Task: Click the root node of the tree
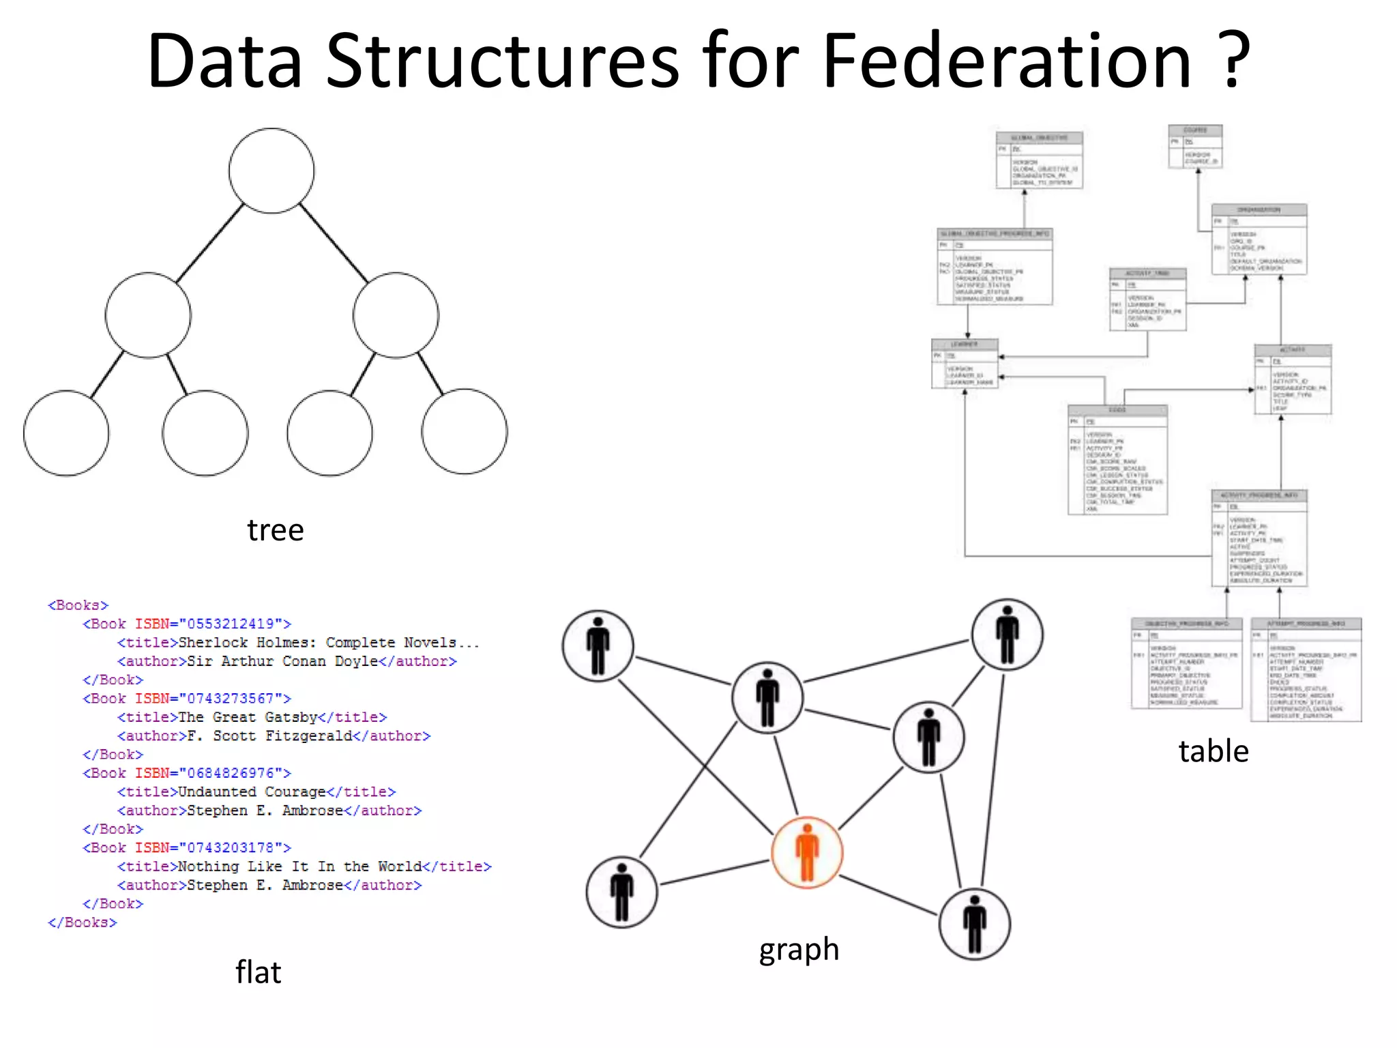(271, 171)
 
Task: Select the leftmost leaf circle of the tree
(66, 433)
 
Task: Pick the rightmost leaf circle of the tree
(465, 431)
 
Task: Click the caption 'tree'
(275, 530)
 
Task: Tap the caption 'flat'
(258, 972)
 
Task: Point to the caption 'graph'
(799, 950)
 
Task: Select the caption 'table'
(1214, 751)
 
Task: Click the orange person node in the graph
(807, 852)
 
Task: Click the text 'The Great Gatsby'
(248, 717)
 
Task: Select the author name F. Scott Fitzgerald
(269, 736)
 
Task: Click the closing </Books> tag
(82, 922)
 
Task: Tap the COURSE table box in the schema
(1195, 146)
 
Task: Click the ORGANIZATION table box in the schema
(1259, 239)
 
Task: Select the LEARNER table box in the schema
(965, 364)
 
